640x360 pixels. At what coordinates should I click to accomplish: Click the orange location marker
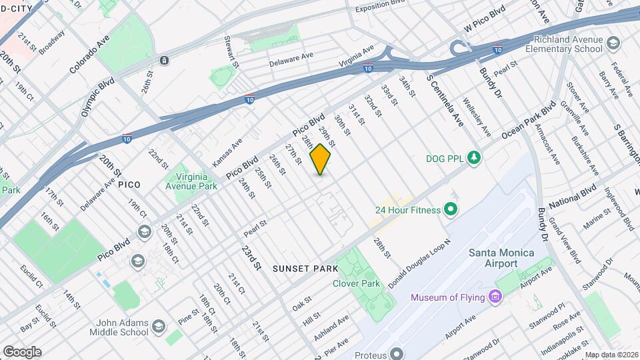pyautogui.click(x=321, y=159)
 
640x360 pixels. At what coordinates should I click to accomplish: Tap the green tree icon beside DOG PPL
pyautogui.click(x=474, y=158)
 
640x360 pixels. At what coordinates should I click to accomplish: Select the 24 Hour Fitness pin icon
pyautogui.click(x=450, y=211)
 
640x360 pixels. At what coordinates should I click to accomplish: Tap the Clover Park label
pyautogui.click(x=356, y=283)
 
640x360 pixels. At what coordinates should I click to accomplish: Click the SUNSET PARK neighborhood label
pyautogui.click(x=305, y=268)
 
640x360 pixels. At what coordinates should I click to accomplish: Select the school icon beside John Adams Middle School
pyautogui.click(x=158, y=326)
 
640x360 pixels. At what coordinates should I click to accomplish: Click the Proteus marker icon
pyautogui.click(x=397, y=353)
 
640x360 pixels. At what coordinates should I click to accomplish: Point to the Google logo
pyautogui.click(x=22, y=352)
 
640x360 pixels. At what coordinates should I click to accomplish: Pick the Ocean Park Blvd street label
pyautogui.click(x=529, y=121)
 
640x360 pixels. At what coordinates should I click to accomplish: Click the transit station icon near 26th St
pyautogui.click(x=164, y=61)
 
